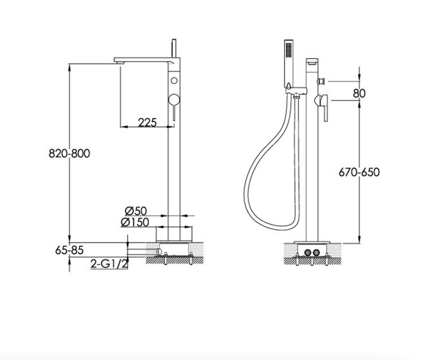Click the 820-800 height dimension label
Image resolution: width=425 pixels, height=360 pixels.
[69, 153]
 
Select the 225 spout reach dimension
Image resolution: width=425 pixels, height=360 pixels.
[147, 123]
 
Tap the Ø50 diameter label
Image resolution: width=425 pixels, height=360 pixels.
[136, 211]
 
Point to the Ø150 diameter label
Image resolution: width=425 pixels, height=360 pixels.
[135, 222]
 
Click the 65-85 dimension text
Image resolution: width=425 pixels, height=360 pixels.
[69, 250]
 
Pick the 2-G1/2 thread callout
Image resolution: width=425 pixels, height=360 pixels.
[109, 264]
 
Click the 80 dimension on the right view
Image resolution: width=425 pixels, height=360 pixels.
[359, 93]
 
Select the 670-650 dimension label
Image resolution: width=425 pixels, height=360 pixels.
[359, 172]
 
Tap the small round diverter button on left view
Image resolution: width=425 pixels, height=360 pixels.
[174, 80]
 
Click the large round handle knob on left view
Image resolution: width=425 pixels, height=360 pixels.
[174, 100]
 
